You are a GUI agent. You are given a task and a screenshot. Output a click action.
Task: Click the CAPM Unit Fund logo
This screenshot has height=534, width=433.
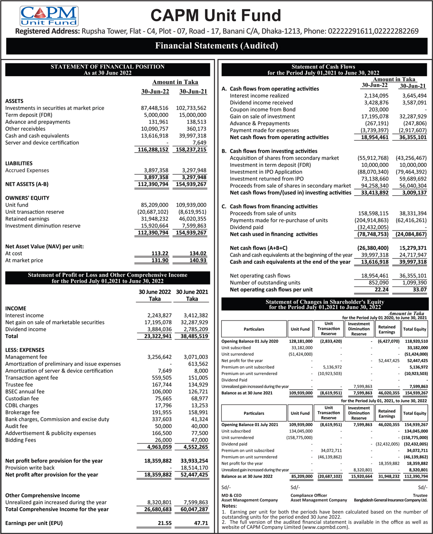[x=48, y=16]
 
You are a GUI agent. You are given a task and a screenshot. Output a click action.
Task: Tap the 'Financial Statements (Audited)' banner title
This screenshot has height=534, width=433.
[x=216, y=45]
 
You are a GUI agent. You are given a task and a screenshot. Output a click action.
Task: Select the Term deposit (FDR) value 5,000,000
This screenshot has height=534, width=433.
[x=156, y=115]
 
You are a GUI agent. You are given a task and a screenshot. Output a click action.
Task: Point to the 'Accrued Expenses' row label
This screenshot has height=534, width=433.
[x=27, y=170]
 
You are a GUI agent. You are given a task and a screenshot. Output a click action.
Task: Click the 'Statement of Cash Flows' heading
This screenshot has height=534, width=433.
[x=323, y=67]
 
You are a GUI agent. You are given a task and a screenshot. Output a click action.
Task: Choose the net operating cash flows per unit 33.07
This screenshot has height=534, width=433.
[x=419, y=290]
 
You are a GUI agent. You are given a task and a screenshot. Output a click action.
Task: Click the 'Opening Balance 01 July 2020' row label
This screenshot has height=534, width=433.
[x=250, y=341]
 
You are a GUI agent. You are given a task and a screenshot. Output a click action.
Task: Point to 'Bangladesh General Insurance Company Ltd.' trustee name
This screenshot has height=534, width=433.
[x=391, y=500]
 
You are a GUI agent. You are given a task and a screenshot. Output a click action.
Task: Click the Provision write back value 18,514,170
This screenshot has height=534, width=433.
[x=194, y=468]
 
